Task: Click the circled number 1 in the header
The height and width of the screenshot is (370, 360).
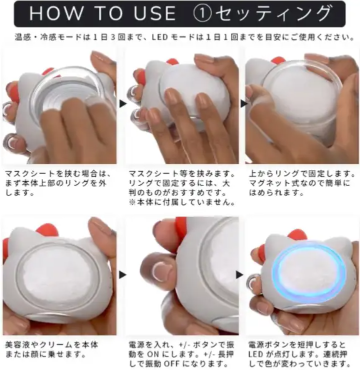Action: point(202,13)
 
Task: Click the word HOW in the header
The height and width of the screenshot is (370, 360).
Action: point(56,13)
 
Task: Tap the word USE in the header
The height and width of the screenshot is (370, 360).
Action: point(154,13)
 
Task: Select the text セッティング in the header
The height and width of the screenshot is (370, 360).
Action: point(273,13)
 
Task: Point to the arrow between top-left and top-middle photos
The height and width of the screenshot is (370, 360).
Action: point(123,103)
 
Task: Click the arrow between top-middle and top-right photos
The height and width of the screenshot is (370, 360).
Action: point(244,103)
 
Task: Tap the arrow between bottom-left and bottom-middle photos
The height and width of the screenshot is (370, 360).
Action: point(122,275)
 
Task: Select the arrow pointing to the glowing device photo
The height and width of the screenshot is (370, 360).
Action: point(239,275)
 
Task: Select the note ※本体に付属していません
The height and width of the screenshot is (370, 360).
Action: point(181,202)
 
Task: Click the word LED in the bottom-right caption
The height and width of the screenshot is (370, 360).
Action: point(255,355)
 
